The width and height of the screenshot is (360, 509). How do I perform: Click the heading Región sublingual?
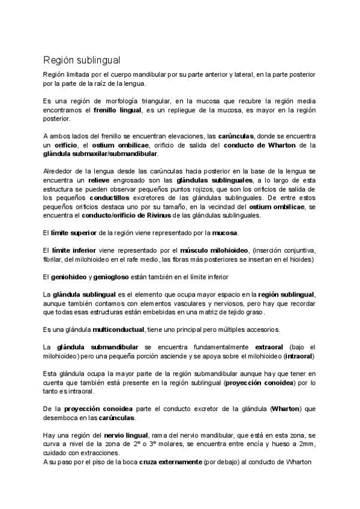pyautogui.click(x=82, y=60)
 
